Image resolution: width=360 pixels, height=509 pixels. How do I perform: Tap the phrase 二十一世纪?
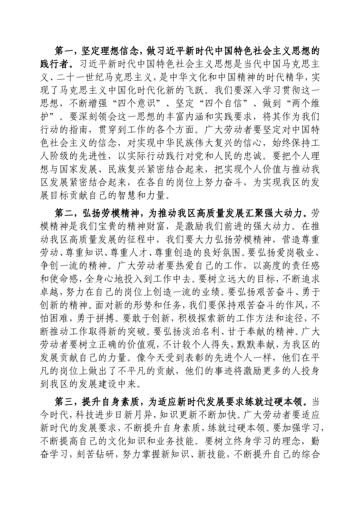point(85,79)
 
